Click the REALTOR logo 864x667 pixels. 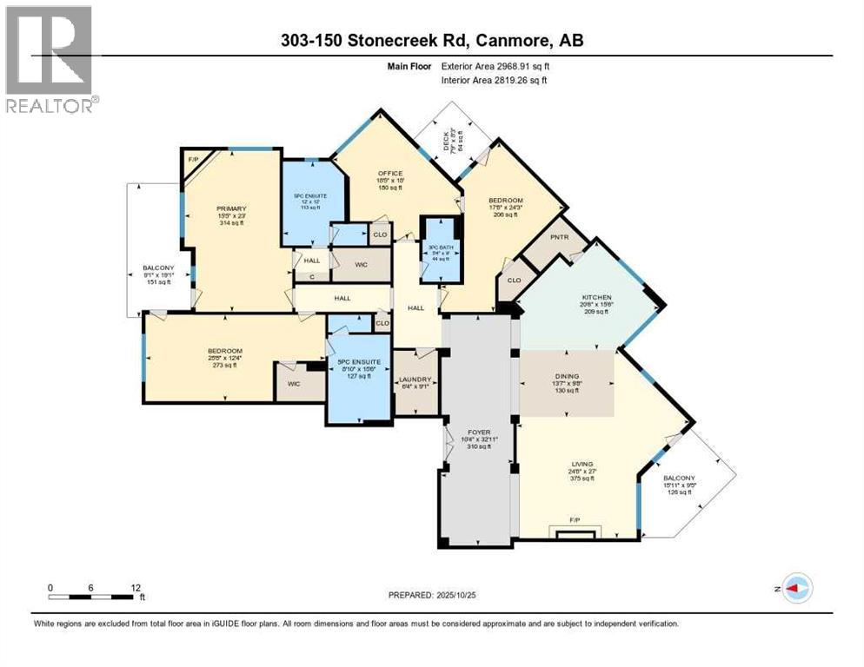[x=50, y=59]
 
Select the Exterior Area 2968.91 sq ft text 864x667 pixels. [x=495, y=66]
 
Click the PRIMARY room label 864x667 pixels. [x=232, y=208]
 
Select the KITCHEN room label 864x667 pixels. [x=597, y=297]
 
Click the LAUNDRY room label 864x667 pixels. [x=415, y=380]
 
